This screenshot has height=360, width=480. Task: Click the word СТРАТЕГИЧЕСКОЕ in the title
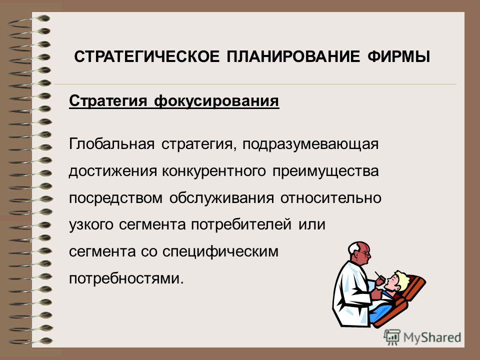[147, 57]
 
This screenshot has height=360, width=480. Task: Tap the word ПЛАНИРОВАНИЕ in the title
[293, 57]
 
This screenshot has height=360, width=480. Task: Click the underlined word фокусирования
[216, 101]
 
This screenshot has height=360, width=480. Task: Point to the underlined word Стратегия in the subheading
[108, 101]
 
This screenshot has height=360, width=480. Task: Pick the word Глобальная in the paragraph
[111, 144]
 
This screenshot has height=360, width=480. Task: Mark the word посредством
[115, 198]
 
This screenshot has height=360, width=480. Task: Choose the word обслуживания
[221, 198]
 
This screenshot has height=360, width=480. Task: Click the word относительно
[331, 198]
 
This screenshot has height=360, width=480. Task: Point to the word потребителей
[241, 224]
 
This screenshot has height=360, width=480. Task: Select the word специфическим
[220, 252]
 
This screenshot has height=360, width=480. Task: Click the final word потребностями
[126, 278]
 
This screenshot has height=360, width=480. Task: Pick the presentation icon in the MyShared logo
[392, 337]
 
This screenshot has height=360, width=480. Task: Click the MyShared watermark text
[432, 337]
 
